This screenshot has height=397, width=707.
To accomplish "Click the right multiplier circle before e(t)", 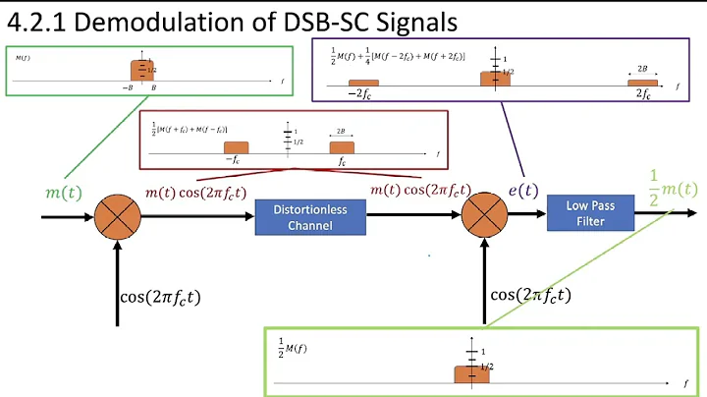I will pos(482,213).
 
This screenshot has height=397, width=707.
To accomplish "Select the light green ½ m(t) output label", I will pos(673,183).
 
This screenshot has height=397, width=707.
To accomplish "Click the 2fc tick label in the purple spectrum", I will pos(642,94).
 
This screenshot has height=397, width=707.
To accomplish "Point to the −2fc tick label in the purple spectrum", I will pos(361,94).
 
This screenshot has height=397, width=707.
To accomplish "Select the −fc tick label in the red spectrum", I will pos(234,159).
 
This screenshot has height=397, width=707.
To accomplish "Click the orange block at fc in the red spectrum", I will pos(341,147).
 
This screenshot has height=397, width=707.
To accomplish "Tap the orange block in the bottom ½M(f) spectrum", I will pos(470,373).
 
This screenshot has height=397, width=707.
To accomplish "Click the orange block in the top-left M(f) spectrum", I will pos(142,70).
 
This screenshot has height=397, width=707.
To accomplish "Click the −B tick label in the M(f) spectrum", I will pos(128,86).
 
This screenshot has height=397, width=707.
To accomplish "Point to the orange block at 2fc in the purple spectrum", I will pos(642,83).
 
